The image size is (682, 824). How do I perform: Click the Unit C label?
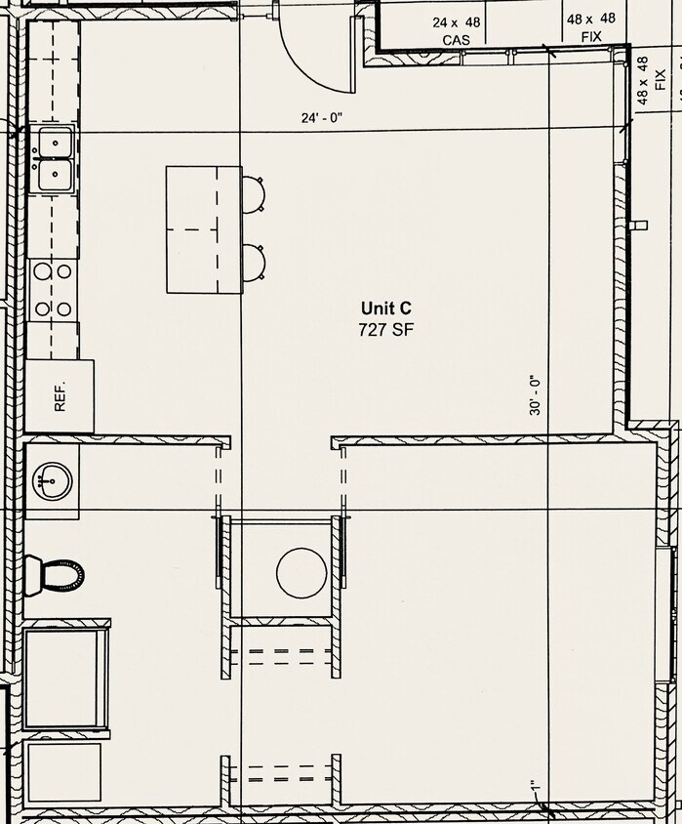(385, 309)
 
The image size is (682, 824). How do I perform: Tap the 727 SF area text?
(385, 330)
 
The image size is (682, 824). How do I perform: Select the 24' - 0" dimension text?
(322, 118)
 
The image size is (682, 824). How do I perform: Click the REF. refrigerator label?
(60, 396)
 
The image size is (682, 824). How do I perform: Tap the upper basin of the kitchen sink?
(56, 144)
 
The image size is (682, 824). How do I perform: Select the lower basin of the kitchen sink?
(56, 176)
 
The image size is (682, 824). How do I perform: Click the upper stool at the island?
(254, 193)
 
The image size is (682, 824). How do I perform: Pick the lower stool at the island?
(254, 262)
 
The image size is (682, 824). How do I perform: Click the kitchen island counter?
(204, 229)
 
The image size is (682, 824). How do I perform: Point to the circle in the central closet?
(301, 572)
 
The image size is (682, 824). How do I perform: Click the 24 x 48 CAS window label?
(457, 30)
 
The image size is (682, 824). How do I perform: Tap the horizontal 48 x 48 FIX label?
(591, 27)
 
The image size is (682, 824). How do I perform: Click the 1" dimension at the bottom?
(535, 788)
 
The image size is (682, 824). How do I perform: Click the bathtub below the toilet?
(64, 678)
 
